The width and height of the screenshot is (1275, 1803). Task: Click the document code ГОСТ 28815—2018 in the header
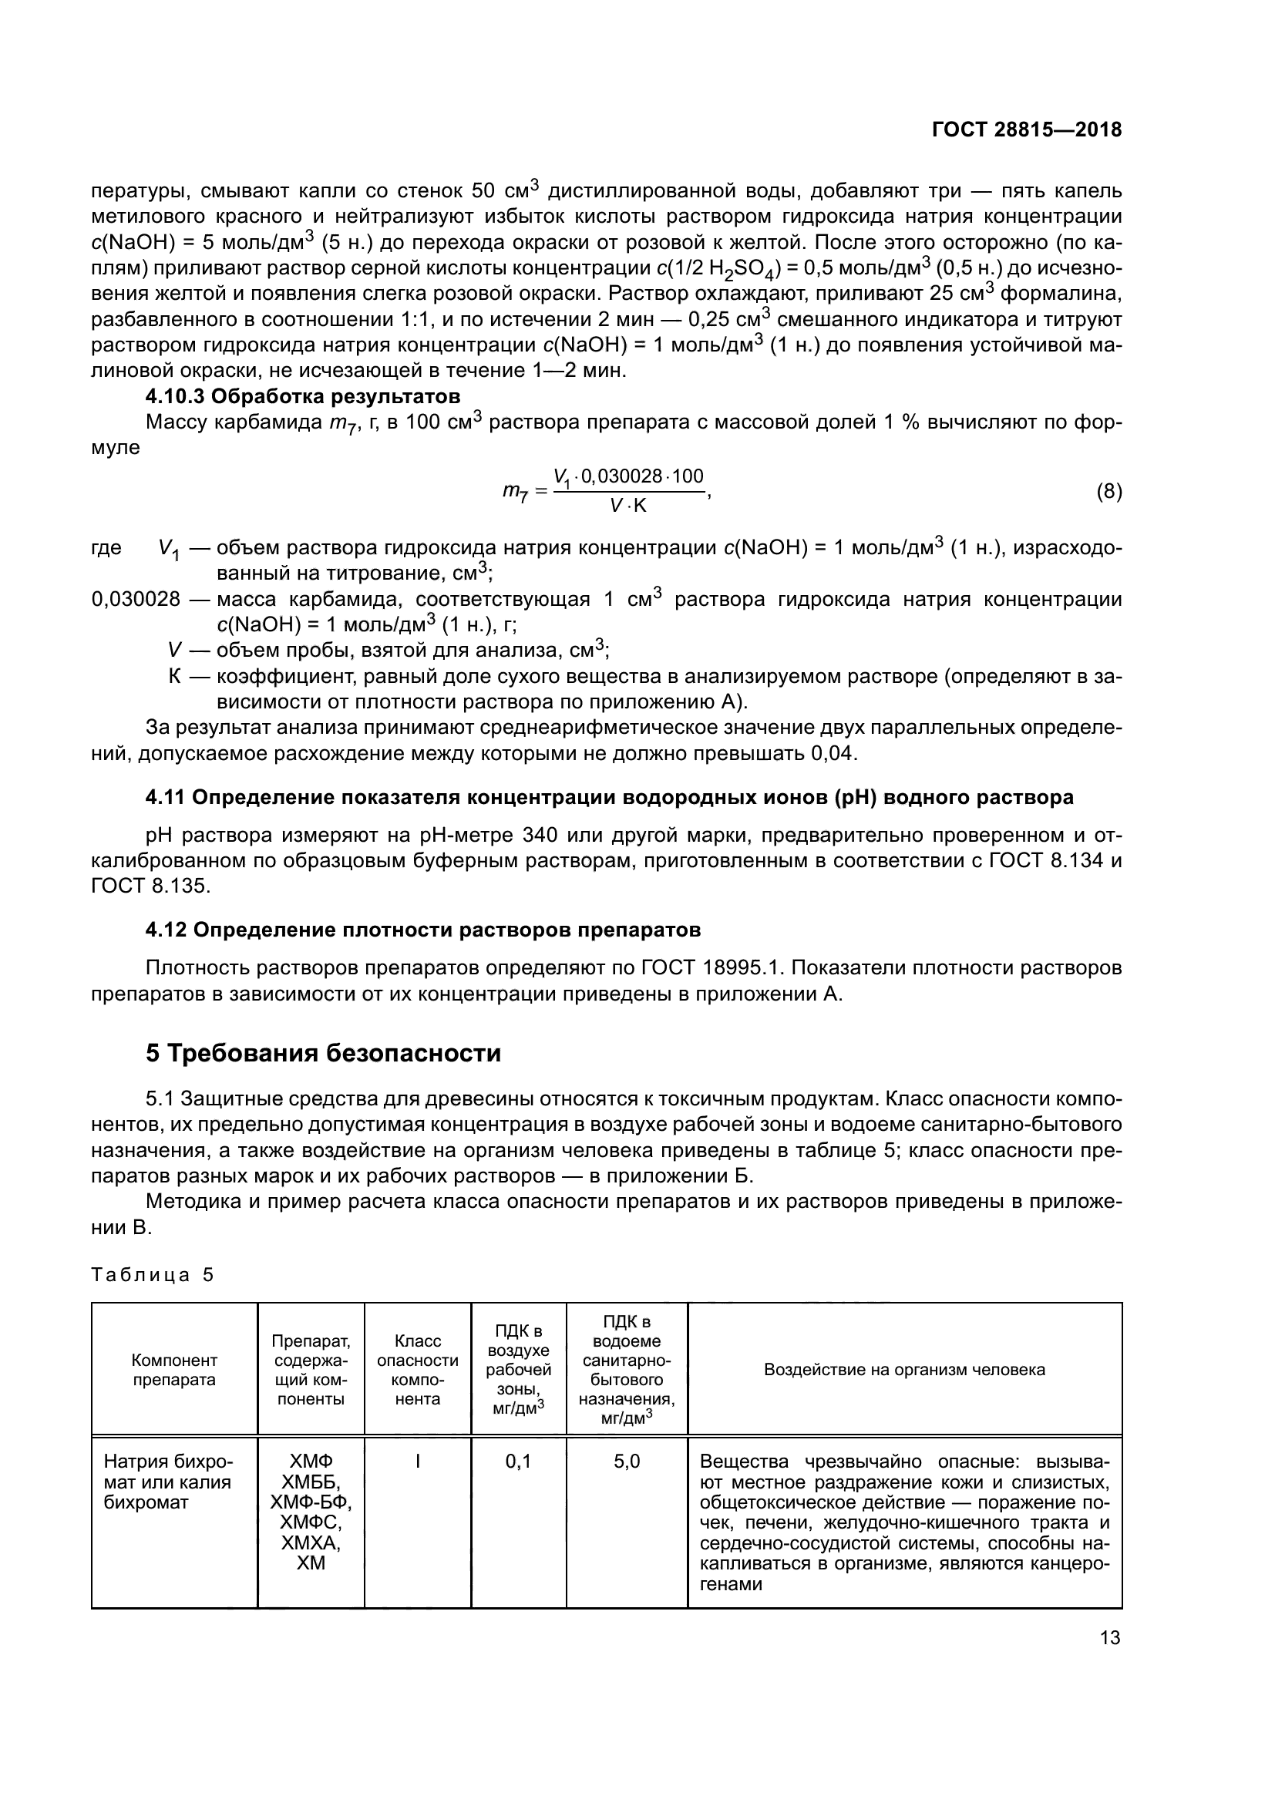coord(1026,130)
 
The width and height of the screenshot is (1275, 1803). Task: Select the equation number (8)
coord(1108,493)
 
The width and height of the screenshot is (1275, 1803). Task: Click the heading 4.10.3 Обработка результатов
coord(302,395)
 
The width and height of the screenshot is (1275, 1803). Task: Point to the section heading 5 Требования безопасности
coord(323,1053)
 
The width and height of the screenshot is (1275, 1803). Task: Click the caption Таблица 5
coord(153,1274)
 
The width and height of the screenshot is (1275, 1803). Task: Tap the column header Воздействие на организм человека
coord(904,1370)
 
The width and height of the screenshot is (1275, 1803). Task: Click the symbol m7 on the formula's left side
coord(515,493)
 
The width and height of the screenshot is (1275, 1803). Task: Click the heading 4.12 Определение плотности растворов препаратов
coord(423,930)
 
